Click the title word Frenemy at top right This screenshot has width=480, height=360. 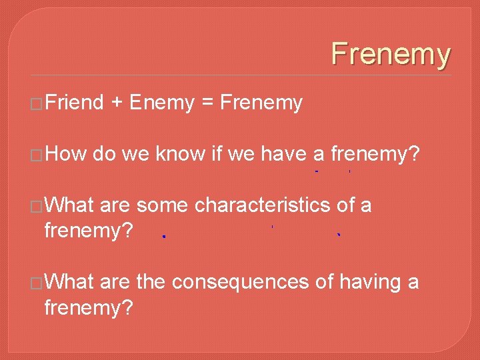coord(391,54)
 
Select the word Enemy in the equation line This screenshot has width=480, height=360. coord(161,103)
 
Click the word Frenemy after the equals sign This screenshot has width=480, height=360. coord(261,103)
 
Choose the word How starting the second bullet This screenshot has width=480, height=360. coord(65,155)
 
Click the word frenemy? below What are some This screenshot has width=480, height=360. coord(88,231)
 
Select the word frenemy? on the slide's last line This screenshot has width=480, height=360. coord(88,308)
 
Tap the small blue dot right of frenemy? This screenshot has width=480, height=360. coord(163,236)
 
